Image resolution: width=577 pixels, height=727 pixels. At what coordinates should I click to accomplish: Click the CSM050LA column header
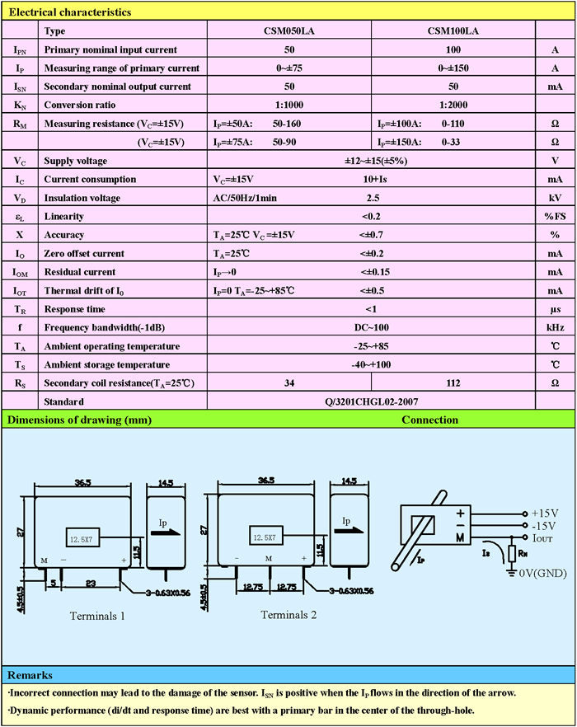(x=289, y=31)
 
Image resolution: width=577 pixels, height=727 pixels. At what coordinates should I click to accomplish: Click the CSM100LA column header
(x=453, y=31)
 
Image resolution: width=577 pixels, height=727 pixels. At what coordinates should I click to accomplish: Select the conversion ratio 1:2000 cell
(x=453, y=105)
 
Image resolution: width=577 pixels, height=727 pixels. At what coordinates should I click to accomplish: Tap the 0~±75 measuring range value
(x=289, y=68)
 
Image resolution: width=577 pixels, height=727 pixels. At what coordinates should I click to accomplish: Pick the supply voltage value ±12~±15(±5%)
(x=376, y=161)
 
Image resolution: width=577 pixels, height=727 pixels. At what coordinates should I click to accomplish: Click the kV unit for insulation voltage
(x=555, y=198)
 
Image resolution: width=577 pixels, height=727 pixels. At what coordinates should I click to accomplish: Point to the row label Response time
(x=75, y=309)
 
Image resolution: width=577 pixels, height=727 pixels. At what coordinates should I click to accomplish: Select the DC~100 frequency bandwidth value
(x=371, y=328)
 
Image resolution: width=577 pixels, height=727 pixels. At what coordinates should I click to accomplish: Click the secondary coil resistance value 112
(x=453, y=383)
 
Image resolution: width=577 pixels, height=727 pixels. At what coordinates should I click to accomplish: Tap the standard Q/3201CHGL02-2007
(x=371, y=401)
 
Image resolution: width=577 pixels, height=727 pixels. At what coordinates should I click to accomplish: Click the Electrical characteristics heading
(x=69, y=12)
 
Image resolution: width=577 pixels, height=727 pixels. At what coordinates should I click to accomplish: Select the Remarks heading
(x=30, y=675)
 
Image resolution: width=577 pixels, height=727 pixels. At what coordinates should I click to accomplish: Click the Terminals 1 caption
(x=97, y=616)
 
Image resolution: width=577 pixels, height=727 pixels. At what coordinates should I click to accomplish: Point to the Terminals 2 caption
(x=288, y=615)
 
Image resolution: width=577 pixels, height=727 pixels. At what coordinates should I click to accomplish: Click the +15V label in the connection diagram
(x=545, y=514)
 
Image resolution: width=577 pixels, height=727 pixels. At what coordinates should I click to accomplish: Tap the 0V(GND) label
(x=542, y=573)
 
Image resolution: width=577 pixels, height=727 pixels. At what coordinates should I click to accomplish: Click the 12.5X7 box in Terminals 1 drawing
(x=82, y=537)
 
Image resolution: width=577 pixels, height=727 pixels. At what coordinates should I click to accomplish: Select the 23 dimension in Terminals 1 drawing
(x=91, y=584)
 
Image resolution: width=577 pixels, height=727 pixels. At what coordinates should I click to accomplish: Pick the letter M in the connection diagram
(x=460, y=537)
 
